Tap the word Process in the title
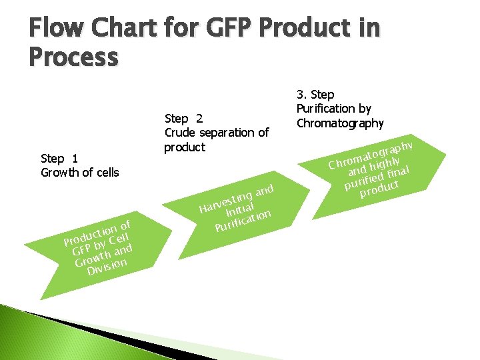click(x=73, y=57)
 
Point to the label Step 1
click(x=59, y=158)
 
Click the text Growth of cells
click(x=79, y=173)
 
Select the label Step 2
click(x=183, y=119)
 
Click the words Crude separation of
click(x=216, y=133)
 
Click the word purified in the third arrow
click(x=365, y=180)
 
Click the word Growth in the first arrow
click(x=93, y=257)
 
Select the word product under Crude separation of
click(x=185, y=147)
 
